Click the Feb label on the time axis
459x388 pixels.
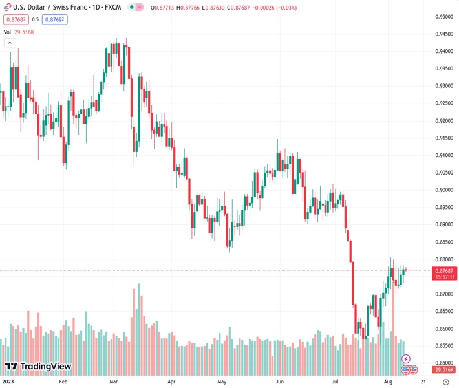click(x=63, y=382)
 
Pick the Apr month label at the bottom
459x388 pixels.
click(x=171, y=382)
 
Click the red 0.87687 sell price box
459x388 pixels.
click(x=16, y=19)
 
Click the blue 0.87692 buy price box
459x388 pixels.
click(x=56, y=19)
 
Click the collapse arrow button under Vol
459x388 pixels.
click(x=10, y=43)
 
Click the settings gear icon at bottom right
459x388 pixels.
click(x=445, y=382)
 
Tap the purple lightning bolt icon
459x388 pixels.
click(x=406, y=358)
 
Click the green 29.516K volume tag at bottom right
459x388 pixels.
click(x=443, y=369)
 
